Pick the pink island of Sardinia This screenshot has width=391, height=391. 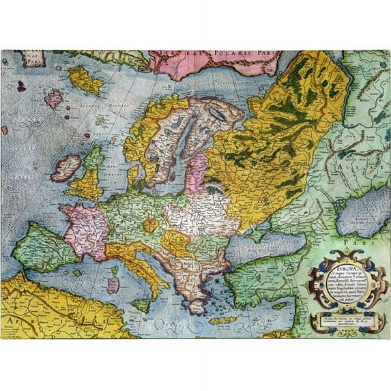[113, 284]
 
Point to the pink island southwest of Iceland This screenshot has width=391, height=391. [53, 99]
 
